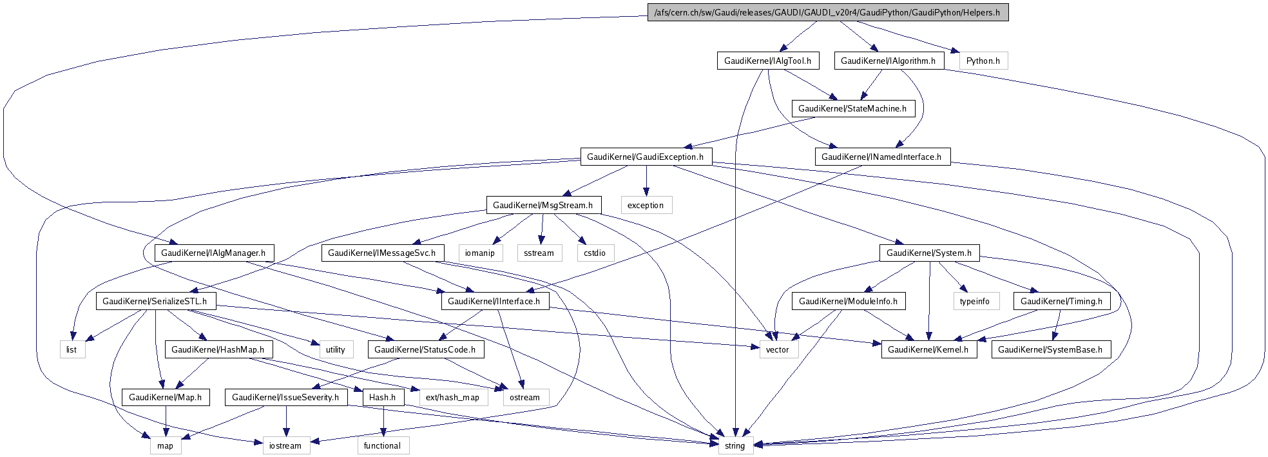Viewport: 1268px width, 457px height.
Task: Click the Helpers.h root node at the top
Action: pyautogui.click(x=827, y=12)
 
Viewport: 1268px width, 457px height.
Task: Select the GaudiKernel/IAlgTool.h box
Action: pyautogui.click(x=767, y=61)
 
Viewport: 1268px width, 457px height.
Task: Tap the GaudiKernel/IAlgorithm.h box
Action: pyautogui.click(x=889, y=61)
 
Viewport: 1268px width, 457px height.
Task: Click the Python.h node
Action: pyautogui.click(x=983, y=61)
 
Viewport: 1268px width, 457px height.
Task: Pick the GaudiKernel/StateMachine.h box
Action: pyautogui.click(x=852, y=108)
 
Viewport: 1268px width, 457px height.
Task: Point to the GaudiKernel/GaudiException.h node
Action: pyautogui.click(x=646, y=157)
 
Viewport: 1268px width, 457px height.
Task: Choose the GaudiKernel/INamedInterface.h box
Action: pyautogui.click(x=881, y=157)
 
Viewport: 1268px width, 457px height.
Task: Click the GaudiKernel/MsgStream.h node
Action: pyautogui.click(x=543, y=205)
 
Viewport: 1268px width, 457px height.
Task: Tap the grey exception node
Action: pyautogui.click(x=646, y=205)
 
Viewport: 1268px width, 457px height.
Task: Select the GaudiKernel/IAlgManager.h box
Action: pyautogui.click(x=213, y=253)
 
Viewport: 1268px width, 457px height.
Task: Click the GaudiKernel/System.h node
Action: pyautogui.click(x=929, y=253)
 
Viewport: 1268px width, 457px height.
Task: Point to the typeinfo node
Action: pyautogui.click(x=975, y=301)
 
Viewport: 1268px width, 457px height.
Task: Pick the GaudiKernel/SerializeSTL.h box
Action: pyautogui.click(x=155, y=301)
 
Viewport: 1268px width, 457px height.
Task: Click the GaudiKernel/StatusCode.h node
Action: pyautogui.click(x=425, y=349)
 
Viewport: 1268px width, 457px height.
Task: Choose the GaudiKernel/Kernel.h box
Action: pyautogui.click(x=928, y=349)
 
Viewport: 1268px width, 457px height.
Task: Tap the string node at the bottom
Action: pyautogui.click(x=735, y=445)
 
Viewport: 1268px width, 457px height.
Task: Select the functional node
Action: pyautogui.click(x=382, y=445)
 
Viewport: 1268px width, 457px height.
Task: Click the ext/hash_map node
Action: pyautogui.click(x=452, y=397)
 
